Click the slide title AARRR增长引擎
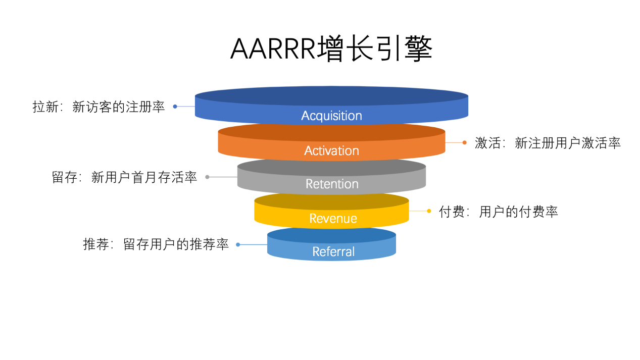[x=331, y=49]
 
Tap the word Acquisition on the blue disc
[x=331, y=116]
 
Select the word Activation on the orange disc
[x=331, y=150]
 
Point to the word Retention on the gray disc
[x=332, y=184]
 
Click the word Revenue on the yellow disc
[x=333, y=218]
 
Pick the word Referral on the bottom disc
[x=333, y=251]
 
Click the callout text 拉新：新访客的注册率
[x=99, y=107]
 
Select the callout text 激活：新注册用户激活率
[x=548, y=143]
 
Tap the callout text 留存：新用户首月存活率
[x=124, y=177]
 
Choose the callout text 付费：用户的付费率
[x=498, y=212]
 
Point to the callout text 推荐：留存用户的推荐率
[x=156, y=244]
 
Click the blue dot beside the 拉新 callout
[x=175, y=107]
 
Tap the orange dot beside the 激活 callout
[x=464, y=142]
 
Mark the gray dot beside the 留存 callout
[x=207, y=177]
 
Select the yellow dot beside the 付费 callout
[x=429, y=211]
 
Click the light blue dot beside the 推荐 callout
[x=238, y=244]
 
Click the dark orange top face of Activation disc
[x=331, y=133]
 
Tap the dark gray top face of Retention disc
[x=331, y=167]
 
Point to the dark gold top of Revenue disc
[x=331, y=201]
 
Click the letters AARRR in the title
[x=273, y=49]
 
